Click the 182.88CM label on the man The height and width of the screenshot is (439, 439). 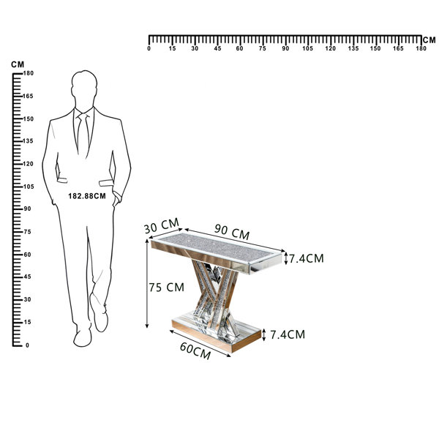pos(87,196)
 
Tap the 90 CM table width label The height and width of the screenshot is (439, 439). pos(232,232)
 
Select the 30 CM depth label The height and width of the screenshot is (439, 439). pos(162,225)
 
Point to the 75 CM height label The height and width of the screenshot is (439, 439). pos(166,288)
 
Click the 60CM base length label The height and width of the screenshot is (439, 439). pos(195,350)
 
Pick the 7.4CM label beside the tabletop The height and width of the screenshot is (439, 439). pos(307,258)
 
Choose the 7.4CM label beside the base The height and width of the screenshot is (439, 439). pos(288,334)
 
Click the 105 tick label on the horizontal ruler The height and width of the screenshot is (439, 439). pos(307,48)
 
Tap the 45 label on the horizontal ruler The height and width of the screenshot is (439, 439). pos(217,48)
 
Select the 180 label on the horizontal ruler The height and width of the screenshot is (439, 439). pos(421,48)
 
